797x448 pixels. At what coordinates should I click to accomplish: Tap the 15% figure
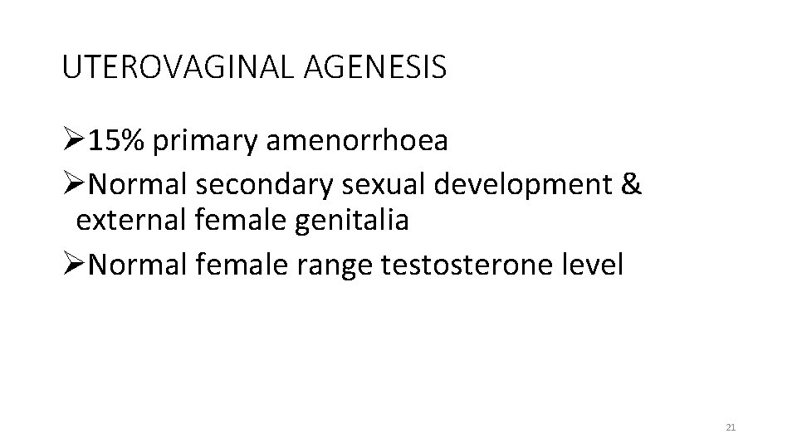point(117,141)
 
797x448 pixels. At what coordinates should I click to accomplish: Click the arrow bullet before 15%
point(74,141)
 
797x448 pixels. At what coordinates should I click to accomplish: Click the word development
point(521,186)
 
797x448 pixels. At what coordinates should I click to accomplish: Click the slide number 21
point(731,427)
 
